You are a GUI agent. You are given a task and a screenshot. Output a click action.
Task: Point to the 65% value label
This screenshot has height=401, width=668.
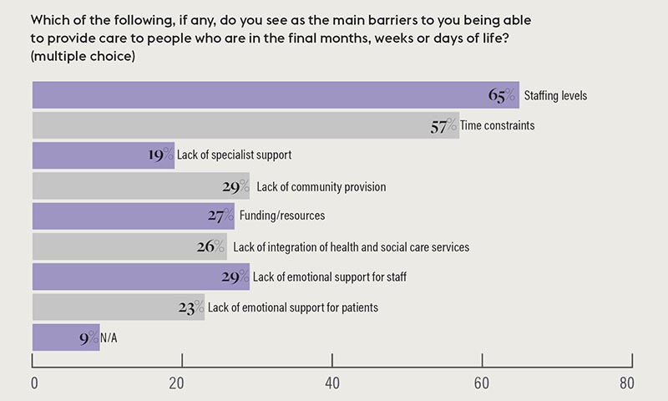(503, 95)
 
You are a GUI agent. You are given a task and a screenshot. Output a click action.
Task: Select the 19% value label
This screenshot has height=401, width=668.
(159, 155)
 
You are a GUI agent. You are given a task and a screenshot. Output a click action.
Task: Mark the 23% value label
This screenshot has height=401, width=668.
(191, 307)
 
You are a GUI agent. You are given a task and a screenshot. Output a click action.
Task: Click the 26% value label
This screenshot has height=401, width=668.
(212, 246)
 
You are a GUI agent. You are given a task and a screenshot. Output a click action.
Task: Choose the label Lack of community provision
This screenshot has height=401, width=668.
(321, 186)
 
